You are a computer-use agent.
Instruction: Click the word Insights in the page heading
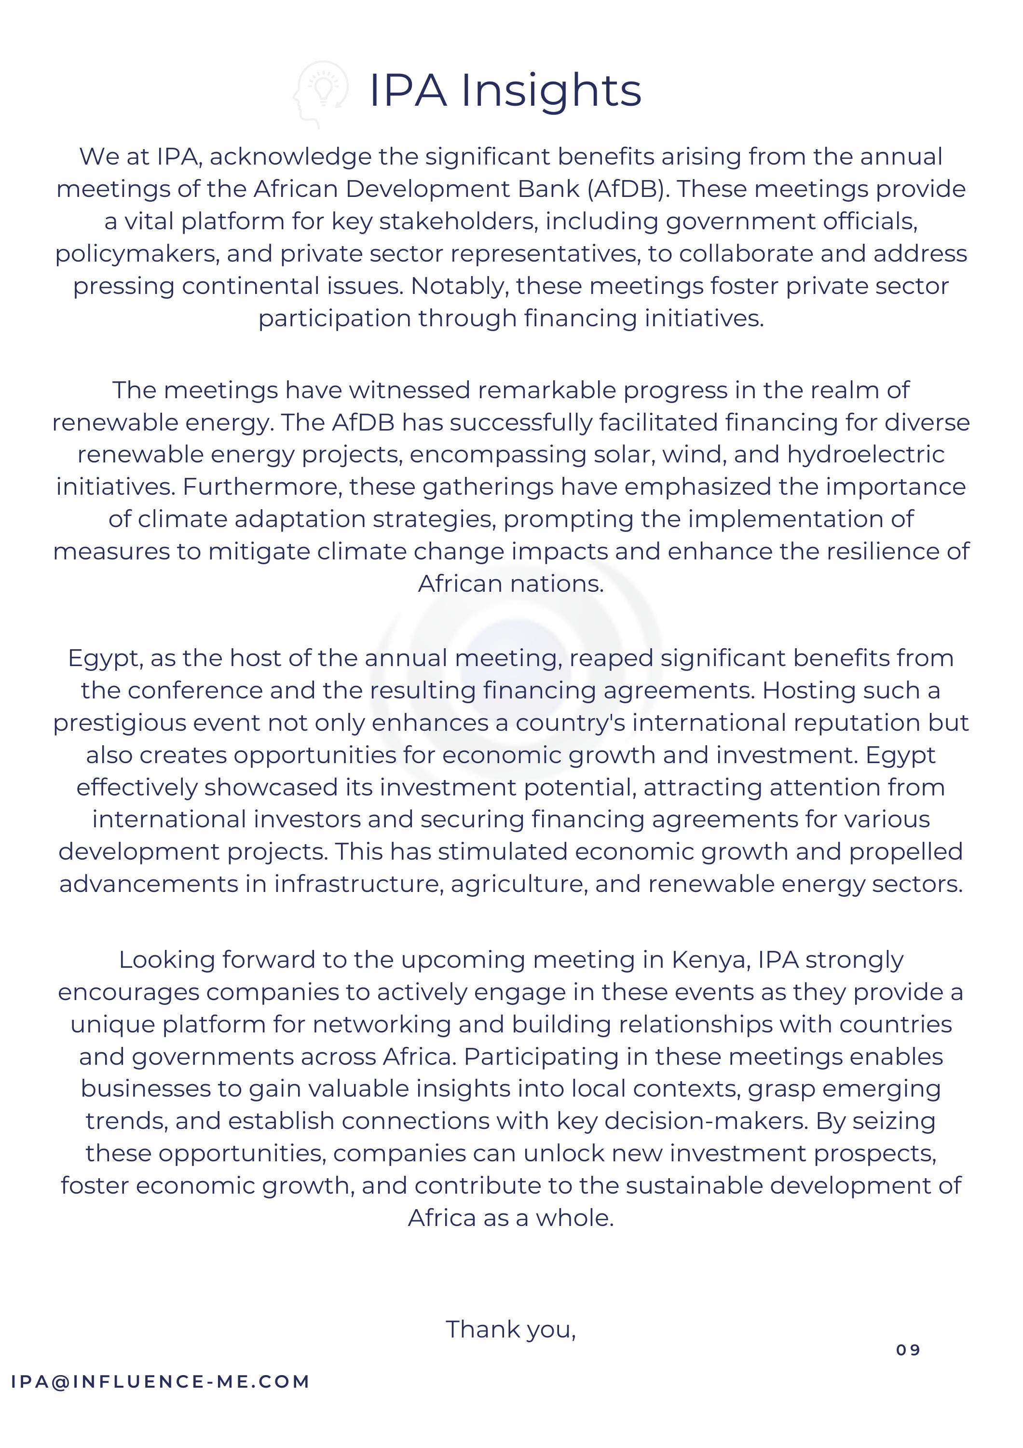(x=551, y=91)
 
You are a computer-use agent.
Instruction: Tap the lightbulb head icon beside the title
(x=321, y=93)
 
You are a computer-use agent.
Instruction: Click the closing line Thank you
(x=511, y=1329)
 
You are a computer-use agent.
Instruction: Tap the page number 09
(x=908, y=1350)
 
